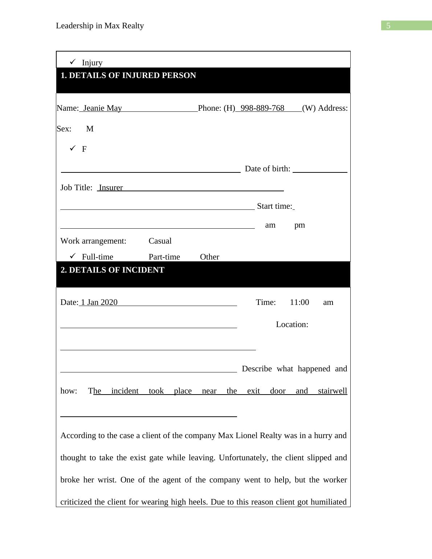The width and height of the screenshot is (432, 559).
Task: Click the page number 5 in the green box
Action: tap(388, 26)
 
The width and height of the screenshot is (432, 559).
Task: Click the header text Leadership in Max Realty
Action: tap(100, 26)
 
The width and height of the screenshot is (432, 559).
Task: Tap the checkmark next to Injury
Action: tap(73, 62)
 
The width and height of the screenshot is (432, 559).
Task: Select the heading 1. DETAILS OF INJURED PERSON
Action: tap(128, 76)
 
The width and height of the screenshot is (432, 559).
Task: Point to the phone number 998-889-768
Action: tap(262, 108)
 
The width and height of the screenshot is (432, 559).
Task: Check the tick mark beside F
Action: tap(73, 148)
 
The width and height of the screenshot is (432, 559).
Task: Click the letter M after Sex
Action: tap(90, 129)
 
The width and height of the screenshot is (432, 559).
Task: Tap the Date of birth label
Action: tap(268, 169)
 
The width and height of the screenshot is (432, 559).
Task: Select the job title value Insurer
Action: tap(111, 188)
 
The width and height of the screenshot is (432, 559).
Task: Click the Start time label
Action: tap(274, 206)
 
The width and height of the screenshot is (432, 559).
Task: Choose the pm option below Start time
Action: tap(299, 225)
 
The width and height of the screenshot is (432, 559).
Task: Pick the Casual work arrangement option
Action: tap(160, 241)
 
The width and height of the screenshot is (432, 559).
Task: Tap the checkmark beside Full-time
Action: tap(73, 256)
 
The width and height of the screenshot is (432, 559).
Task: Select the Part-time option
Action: tap(164, 257)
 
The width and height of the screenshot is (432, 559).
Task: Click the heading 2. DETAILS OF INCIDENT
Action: tap(113, 270)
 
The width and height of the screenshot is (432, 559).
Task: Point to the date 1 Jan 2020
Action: tap(99, 302)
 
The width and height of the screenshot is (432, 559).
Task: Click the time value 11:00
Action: tap(299, 302)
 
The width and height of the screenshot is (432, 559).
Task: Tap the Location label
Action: tap(292, 325)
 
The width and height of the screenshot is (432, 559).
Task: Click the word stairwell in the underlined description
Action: tap(333, 391)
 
